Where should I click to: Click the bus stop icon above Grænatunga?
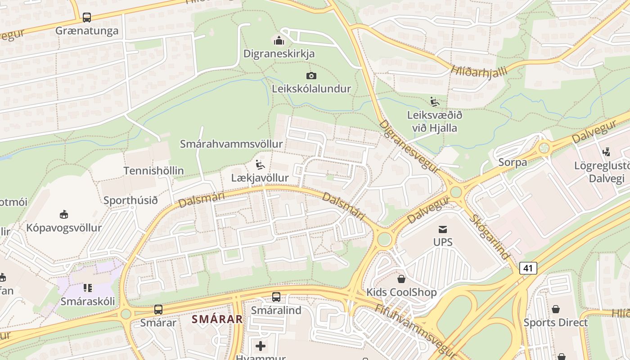click(x=87, y=18)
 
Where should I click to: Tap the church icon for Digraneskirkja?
click(x=279, y=40)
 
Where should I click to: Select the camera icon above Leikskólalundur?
click(x=311, y=76)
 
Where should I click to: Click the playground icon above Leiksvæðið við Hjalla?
click(x=435, y=102)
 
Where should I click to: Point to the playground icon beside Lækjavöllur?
click(x=261, y=165)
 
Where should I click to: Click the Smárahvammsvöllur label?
click(x=231, y=144)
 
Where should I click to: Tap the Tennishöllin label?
click(x=153, y=171)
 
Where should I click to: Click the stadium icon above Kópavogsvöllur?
click(x=64, y=214)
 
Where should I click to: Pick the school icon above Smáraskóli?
click(x=88, y=288)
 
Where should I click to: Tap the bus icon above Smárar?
click(x=158, y=310)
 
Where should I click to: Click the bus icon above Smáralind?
click(x=276, y=297)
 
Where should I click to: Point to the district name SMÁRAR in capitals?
click(x=217, y=319)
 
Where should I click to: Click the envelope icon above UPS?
click(x=443, y=229)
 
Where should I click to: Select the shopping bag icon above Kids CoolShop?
click(x=401, y=279)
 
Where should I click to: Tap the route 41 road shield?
click(x=528, y=268)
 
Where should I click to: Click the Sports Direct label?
click(x=555, y=323)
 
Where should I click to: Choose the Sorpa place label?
click(x=513, y=162)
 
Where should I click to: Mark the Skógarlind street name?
click(x=490, y=237)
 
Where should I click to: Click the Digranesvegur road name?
click(x=409, y=147)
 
